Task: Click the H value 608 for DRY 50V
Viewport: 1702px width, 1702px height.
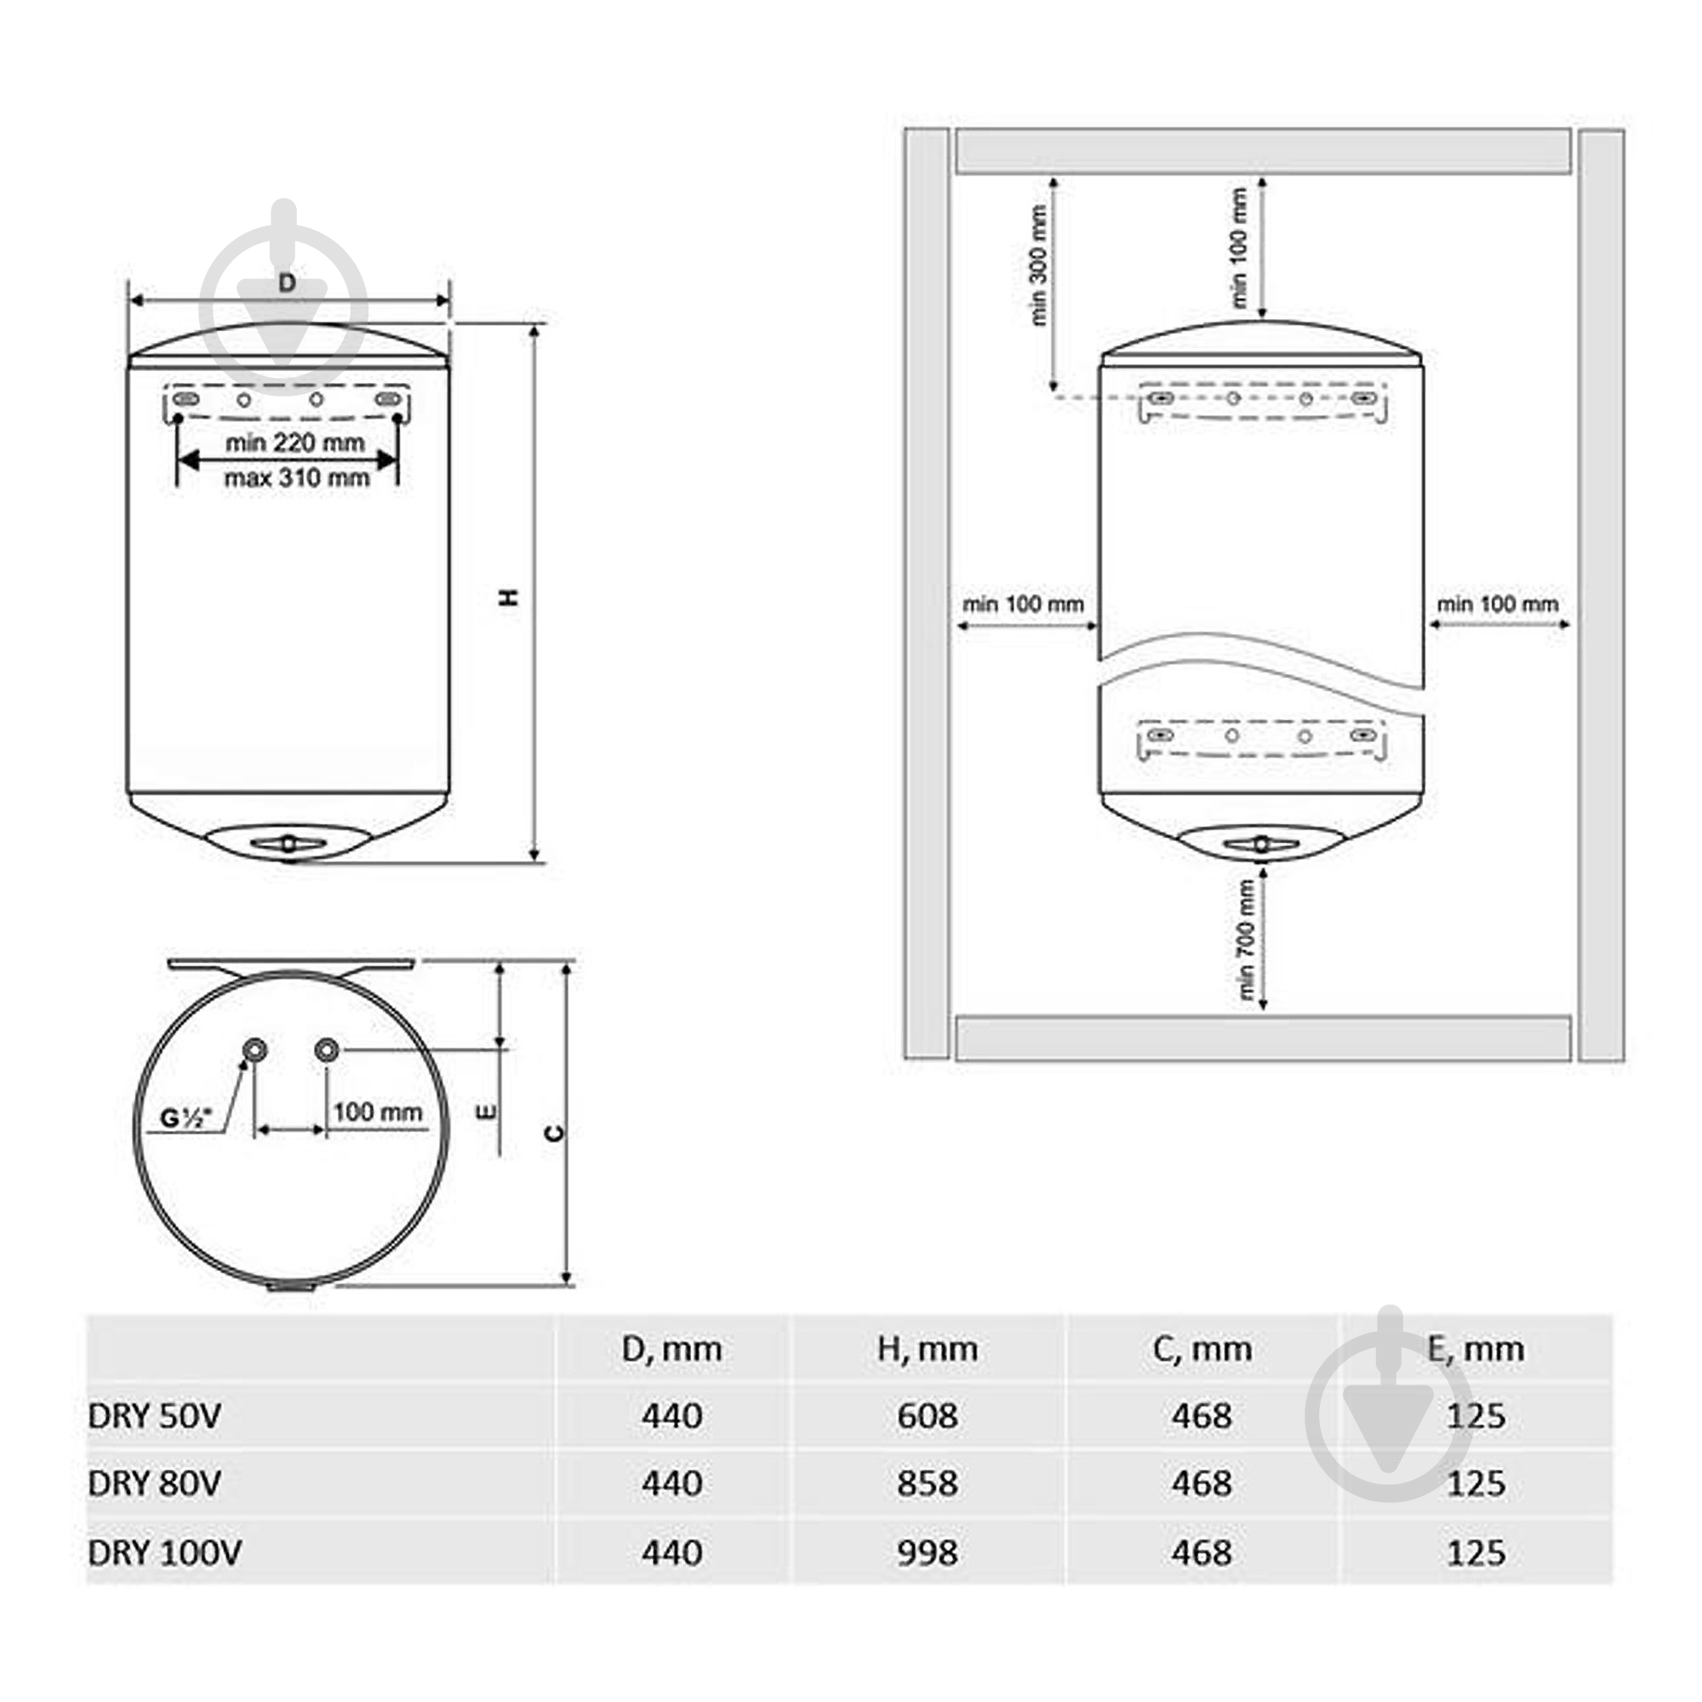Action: coord(927,1416)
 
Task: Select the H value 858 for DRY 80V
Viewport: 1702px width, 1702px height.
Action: coord(927,1483)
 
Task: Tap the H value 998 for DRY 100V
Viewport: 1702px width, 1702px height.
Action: coord(927,1552)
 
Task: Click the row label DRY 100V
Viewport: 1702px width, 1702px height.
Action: coord(164,1552)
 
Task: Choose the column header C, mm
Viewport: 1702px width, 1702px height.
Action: coord(1202,1349)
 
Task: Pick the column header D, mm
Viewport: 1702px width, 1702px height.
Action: coord(671,1349)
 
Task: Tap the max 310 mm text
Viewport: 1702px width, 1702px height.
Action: coord(296,478)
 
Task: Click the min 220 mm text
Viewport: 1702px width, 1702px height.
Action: coord(294,443)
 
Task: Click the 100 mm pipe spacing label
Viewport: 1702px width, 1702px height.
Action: coord(377,1111)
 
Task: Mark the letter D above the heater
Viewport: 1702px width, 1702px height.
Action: coord(287,283)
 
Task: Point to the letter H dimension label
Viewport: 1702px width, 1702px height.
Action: coord(509,597)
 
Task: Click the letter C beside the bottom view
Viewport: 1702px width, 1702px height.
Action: coord(553,1133)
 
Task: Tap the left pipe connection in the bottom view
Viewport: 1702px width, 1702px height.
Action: coord(255,1049)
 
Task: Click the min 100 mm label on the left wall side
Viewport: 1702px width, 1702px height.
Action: coord(1022,604)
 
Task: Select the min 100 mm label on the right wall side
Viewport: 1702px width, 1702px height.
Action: coord(1497,604)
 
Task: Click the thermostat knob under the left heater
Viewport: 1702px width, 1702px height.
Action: coord(288,844)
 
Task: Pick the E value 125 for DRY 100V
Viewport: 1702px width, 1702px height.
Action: coord(1476,1552)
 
